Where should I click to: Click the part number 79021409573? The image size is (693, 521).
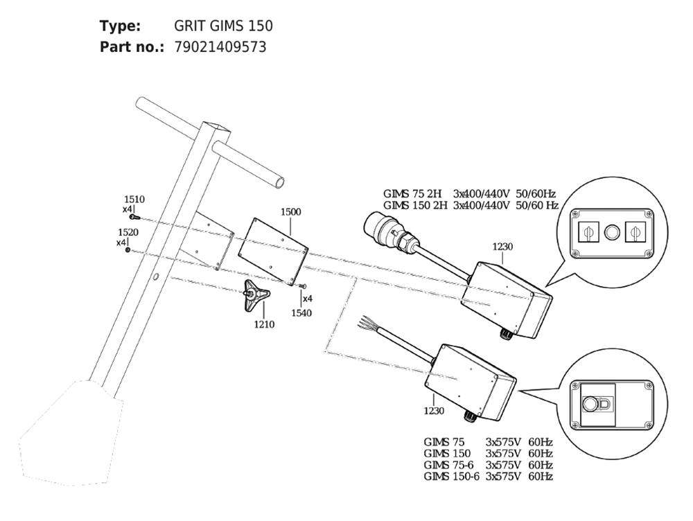pos(220,47)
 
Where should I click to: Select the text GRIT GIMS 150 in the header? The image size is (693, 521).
pos(223,26)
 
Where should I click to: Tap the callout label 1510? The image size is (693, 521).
pos(134,200)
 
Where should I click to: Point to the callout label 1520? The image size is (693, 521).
pos(128,232)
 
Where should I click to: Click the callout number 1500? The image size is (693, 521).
pos(291,212)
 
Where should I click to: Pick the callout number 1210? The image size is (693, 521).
pos(264,325)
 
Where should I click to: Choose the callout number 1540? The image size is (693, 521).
pos(301,313)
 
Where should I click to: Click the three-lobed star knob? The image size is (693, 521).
pos(256,294)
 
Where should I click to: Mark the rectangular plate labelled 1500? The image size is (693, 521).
pos(272,251)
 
